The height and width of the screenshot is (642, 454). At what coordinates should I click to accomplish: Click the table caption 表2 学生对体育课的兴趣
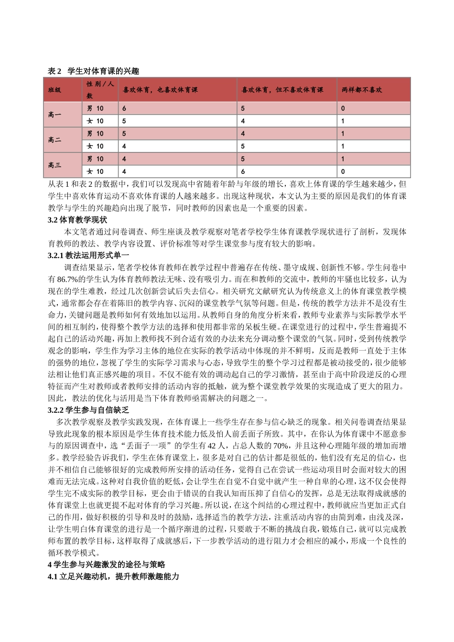click(94, 71)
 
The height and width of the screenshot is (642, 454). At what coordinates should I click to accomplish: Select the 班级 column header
click(54, 90)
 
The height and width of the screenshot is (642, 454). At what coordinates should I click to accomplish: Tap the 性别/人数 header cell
click(100, 89)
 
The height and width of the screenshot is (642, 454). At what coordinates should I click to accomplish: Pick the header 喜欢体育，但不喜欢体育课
click(282, 90)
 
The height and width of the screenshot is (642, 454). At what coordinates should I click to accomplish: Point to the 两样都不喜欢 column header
click(362, 90)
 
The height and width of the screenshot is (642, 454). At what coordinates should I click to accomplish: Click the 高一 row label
click(54, 115)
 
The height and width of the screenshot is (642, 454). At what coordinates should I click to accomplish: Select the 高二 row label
click(54, 140)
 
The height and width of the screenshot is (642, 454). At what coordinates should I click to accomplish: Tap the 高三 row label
click(54, 165)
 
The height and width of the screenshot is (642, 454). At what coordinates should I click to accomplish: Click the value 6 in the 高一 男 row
click(124, 108)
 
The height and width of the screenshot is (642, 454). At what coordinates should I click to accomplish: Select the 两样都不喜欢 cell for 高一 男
click(343, 108)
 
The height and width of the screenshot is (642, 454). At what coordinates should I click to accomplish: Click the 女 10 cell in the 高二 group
click(95, 146)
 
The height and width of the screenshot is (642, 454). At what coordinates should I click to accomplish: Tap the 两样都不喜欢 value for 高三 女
click(343, 171)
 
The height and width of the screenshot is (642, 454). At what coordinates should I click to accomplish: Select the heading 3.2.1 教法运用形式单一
click(88, 256)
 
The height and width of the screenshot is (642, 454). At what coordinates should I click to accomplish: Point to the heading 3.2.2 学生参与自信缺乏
click(88, 410)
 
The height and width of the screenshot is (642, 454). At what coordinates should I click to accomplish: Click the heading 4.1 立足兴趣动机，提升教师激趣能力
click(113, 577)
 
